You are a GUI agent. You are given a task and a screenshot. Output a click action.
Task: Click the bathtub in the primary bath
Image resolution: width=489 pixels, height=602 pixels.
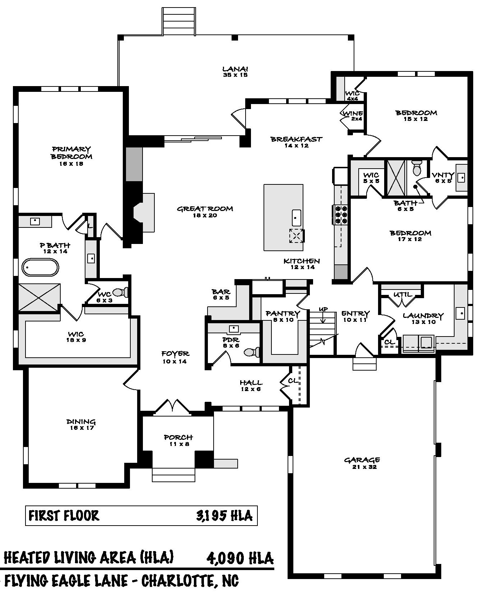tap(41, 268)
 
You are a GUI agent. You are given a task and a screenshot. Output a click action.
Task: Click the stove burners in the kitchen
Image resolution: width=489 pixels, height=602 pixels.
tap(341, 215)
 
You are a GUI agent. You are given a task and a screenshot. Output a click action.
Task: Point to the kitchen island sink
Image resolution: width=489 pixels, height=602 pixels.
tap(296, 217)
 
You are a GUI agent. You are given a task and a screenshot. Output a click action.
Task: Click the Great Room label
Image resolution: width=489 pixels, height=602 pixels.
tap(205, 212)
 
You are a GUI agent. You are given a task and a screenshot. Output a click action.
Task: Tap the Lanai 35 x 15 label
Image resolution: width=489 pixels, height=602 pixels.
tap(235, 72)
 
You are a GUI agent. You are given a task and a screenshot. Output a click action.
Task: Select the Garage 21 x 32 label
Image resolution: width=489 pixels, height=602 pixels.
tap(362, 463)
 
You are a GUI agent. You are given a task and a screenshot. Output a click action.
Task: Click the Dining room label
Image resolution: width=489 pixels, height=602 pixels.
tap(81, 424)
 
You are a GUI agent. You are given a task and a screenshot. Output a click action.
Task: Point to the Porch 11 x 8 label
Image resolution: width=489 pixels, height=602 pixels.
tap(178, 440)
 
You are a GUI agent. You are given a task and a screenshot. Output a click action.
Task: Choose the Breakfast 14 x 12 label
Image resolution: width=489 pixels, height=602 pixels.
tap(296, 142)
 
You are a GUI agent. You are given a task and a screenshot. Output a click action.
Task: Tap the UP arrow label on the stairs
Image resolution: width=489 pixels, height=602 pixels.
tap(323, 309)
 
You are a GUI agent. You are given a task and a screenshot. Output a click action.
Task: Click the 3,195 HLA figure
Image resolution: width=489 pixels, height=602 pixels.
tap(224, 516)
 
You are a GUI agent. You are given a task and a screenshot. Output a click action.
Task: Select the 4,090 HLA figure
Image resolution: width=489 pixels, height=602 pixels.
tap(240, 558)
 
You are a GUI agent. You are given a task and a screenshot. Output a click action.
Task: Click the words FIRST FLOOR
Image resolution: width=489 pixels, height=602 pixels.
tap(64, 516)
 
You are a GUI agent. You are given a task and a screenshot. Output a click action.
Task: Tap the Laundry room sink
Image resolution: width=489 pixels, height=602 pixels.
tap(461, 314)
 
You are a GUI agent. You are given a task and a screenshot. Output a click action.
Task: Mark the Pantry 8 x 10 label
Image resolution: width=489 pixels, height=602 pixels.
tap(283, 316)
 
